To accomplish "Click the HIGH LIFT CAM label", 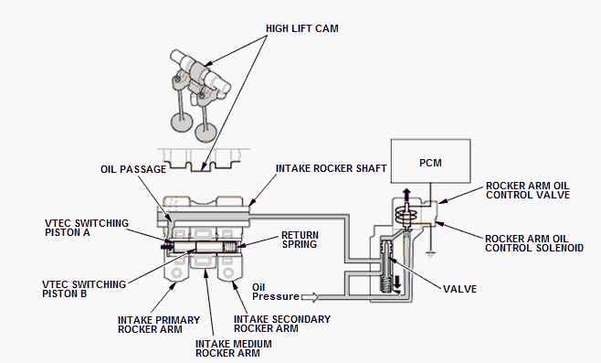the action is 302,28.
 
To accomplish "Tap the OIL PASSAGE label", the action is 133,169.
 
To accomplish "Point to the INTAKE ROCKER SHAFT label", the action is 332,168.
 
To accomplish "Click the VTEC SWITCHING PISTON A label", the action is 87,228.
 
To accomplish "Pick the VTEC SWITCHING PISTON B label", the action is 84,289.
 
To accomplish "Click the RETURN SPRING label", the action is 300,240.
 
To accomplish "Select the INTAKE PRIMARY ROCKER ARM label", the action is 159,325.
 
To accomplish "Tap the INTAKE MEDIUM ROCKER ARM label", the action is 234,348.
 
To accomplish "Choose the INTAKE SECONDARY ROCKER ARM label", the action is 282,324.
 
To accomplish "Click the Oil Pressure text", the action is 276,292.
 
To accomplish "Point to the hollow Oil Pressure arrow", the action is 310,297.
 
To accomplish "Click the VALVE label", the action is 460,289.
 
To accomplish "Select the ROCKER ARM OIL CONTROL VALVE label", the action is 528,190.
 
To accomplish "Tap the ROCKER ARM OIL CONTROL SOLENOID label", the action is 534,243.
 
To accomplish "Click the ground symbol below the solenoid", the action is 430,254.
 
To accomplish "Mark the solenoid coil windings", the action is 406,215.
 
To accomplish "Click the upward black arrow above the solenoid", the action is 406,194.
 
